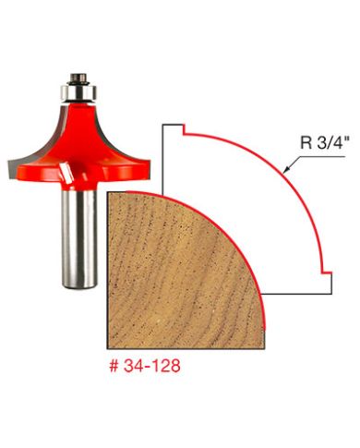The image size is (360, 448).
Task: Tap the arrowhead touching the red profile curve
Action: [287, 168]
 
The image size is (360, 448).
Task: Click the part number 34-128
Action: [151, 366]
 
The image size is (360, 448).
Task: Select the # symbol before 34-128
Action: [114, 367]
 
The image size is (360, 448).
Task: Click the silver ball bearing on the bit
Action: [78, 91]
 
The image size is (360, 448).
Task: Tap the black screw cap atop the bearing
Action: [78, 79]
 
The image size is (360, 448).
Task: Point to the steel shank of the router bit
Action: [79, 238]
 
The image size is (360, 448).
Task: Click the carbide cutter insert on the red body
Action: [66, 171]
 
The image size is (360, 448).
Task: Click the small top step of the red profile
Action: [184, 129]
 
